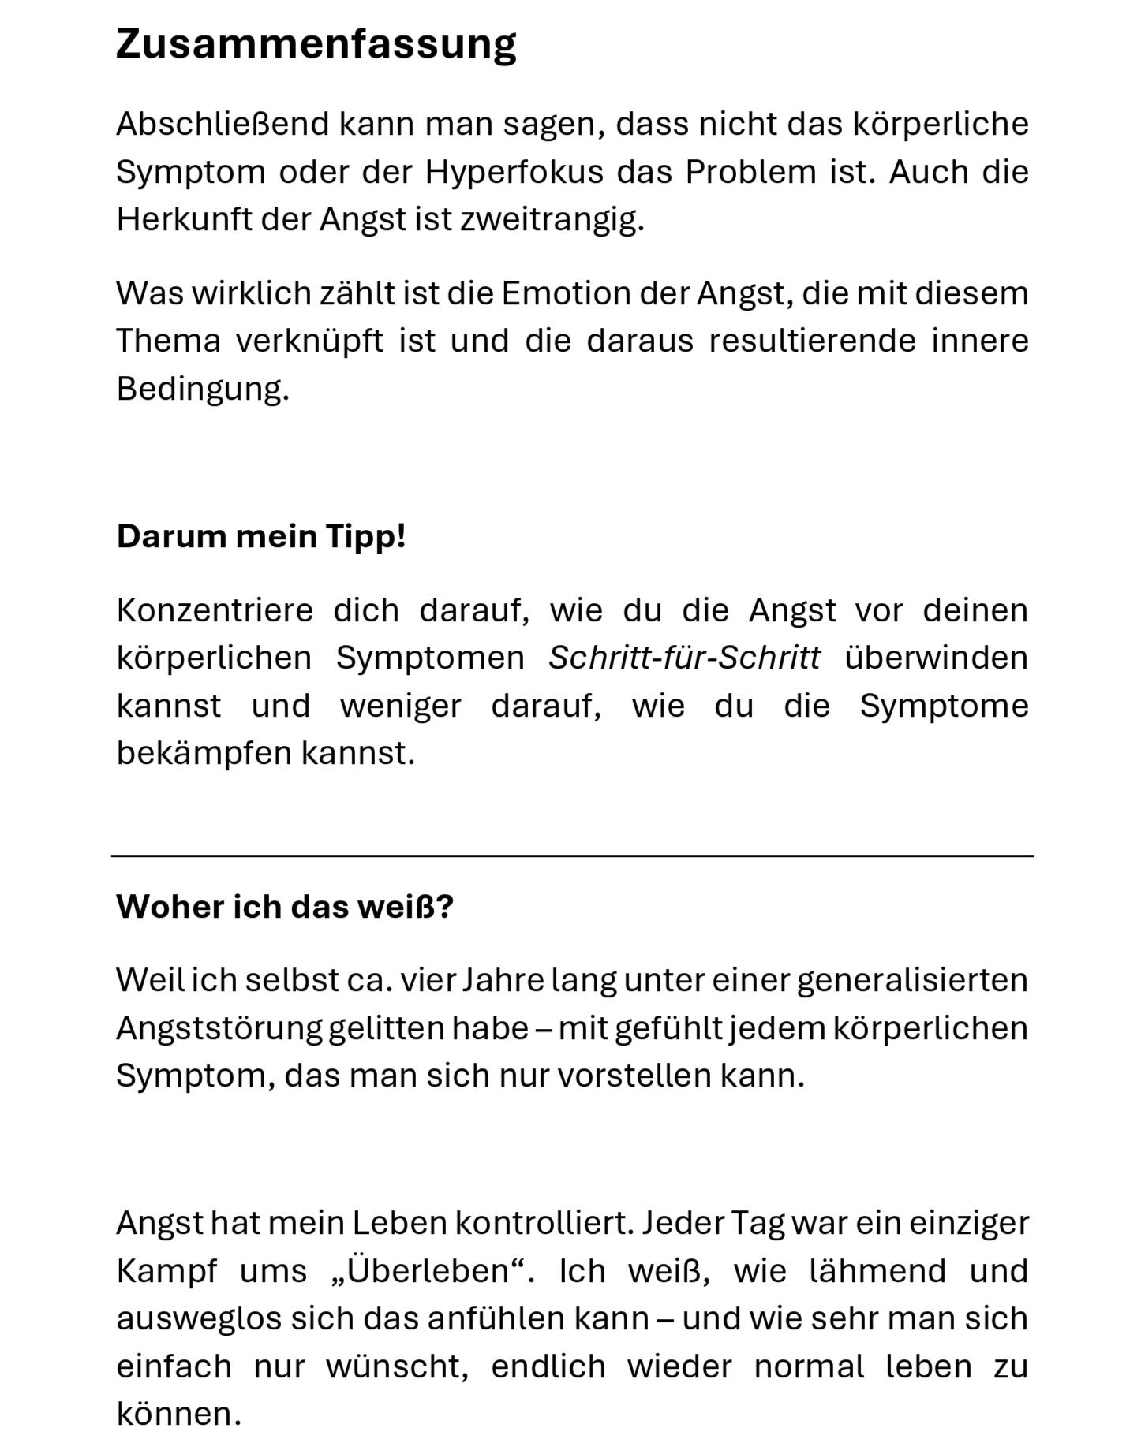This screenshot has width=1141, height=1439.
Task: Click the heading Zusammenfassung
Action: point(316,44)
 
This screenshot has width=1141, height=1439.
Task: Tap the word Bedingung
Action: point(202,389)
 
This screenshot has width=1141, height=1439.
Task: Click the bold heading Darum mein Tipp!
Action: point(261,536)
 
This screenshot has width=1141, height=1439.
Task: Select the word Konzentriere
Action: point(215,610)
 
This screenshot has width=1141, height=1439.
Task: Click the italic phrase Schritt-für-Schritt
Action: point(684,658)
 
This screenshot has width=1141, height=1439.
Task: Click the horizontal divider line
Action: point(572,856)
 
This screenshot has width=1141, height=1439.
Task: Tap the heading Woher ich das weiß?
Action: point(285,907)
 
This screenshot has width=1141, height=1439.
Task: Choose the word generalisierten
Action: point(912,981)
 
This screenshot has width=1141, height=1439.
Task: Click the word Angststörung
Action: point(219,1028)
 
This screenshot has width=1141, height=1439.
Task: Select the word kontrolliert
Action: point(544,1223)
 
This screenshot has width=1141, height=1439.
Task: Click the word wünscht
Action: point(396,1366)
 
